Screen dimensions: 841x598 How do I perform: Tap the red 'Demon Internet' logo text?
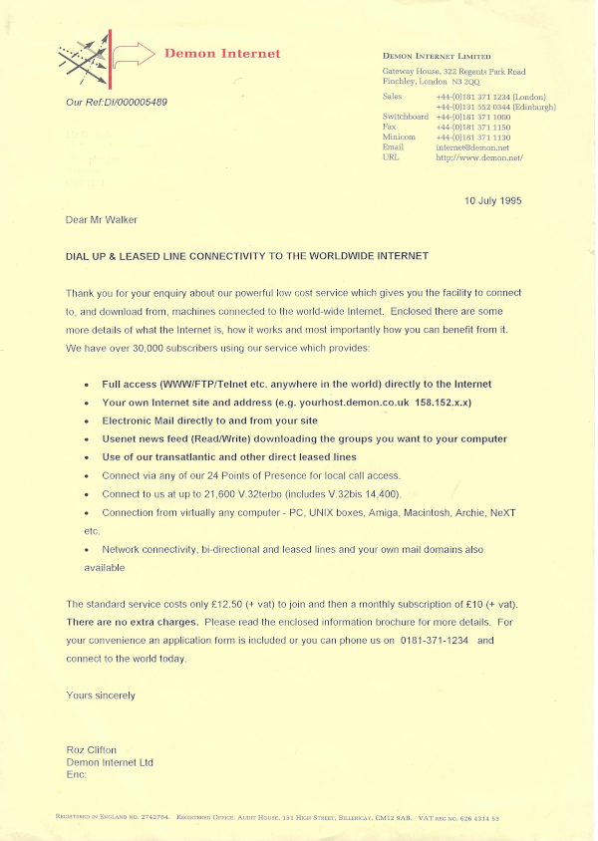click(222, 54)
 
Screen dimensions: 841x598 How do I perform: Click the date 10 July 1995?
click(492, 200)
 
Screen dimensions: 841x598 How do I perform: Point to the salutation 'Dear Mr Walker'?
click(102, 219)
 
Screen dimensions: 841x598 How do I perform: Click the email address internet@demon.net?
click(471, 147)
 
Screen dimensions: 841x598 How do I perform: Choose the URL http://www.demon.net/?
click(479, 157)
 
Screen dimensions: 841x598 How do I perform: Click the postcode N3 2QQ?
click(466, 81)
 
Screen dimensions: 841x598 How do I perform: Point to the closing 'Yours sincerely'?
click(101, 695)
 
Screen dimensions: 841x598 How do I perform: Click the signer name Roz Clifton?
click(91, 750)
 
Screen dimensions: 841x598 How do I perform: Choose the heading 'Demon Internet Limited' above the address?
click(437, 57)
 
